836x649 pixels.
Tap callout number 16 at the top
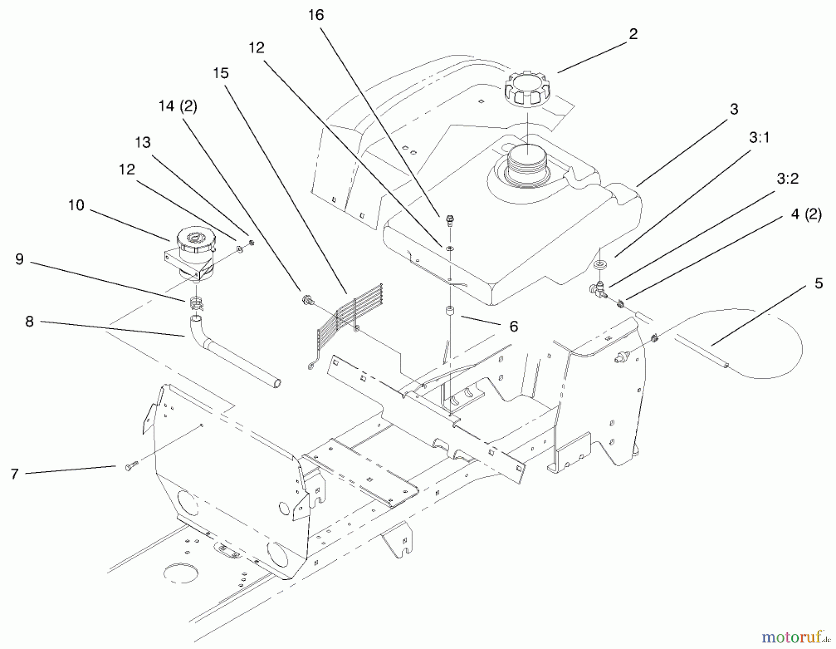click(x=315, y=15)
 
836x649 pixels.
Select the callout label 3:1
click(x=759, y=138)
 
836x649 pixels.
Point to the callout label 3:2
click(x=787, y=178)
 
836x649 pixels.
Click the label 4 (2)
click(x=806, y=214)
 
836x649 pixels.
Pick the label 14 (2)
click(x=177, y=106)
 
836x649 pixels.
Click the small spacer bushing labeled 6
click(x=450, y=311)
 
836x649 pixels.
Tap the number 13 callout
click(x=143, y=142)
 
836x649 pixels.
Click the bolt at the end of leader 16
click(x=449, y=219)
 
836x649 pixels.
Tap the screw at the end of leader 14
click(x=307, y=299)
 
